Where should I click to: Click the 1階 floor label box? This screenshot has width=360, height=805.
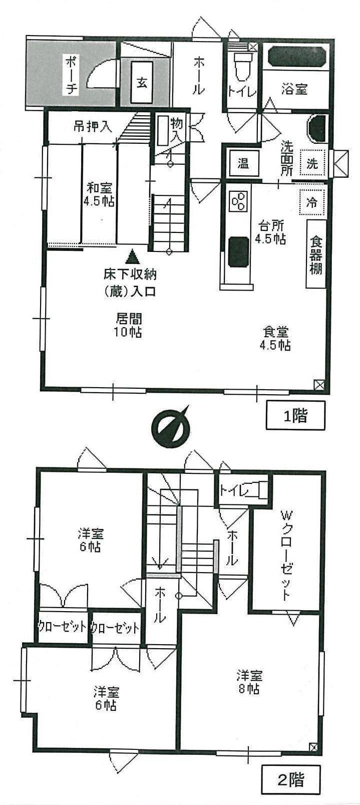point(295,415)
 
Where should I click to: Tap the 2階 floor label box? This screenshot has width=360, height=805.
point(291,779)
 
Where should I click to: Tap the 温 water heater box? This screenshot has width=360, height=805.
point(243,163)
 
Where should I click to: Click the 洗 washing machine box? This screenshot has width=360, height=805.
point(312,163)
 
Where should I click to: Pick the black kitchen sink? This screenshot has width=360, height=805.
point(238,251)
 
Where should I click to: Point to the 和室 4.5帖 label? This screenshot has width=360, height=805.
point(100,195)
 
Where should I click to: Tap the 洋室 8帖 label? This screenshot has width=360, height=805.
point(248,682)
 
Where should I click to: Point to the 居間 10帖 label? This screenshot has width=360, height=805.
point(129,325)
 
